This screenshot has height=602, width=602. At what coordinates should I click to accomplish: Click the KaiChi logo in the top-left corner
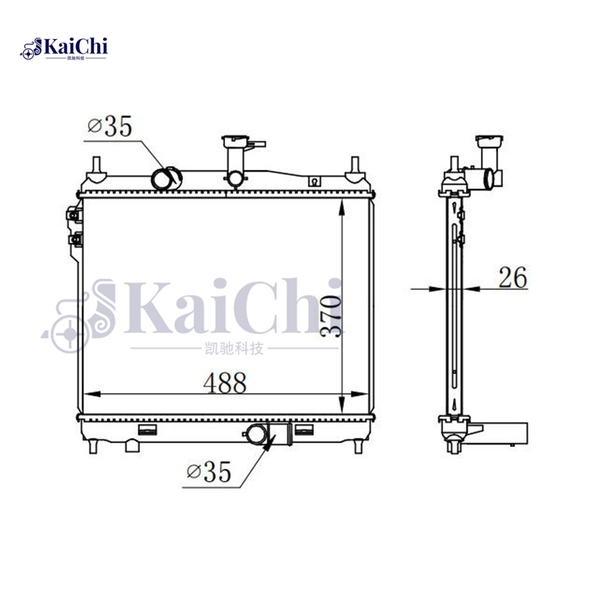[65, 49]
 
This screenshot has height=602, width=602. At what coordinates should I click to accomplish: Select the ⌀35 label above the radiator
[109, 126]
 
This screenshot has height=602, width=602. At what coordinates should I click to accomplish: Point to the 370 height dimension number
[331, 316]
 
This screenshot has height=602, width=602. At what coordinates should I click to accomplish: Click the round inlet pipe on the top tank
[166, 179]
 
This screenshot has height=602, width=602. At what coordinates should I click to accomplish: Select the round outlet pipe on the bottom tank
[257, 434]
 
